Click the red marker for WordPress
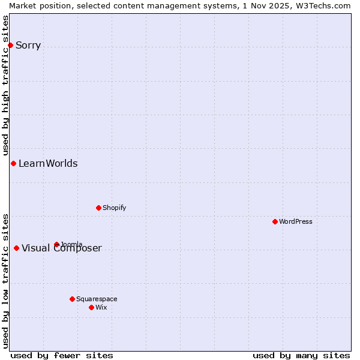click(x=275, y=221)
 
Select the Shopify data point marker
click(x=98, y=208)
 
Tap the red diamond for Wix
click(x=91, y=307)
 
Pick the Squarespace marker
click(x=72, y=299)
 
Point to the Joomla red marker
click(x=56, y=244)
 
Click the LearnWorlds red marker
click(x=13, y=163)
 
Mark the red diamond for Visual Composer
click(x=16, y=248)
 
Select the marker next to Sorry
click(x=10, y=45)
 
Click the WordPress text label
click(x=295, y=221)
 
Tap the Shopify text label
click(x=114, y=208)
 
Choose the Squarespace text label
click(x=97, y=299)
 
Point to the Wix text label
click(x=101, y=307)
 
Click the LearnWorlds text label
click(x=48, y=163)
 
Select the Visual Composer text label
click(x=62, y=248)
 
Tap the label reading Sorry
click(x=28, y=45)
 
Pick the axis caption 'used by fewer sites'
click(x=62, y=355)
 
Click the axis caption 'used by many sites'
click(x=301, y=355)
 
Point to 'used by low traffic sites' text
click(x=5, y=280)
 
